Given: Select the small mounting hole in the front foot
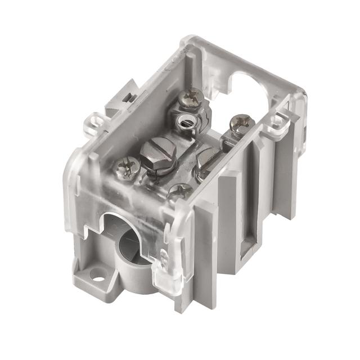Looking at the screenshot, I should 98,276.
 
